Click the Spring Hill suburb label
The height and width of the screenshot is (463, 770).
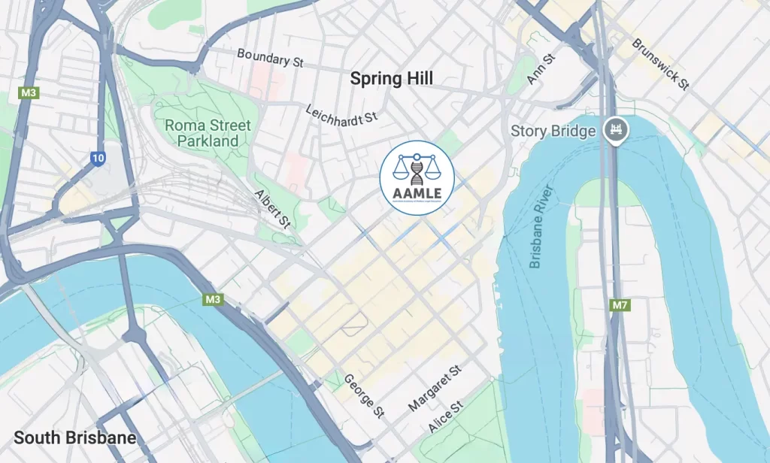click(392, 78)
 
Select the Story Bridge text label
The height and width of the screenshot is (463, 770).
click(553, 131)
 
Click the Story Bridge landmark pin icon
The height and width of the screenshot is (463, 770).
click(615, 130)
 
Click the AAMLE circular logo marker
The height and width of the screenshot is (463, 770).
click(417, 177)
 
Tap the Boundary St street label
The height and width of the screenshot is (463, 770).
click(270, 59)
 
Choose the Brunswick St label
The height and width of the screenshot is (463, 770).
click(661, 65)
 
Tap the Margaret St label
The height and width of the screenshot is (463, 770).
click(435, 389)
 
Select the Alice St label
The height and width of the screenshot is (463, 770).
click(446, 416)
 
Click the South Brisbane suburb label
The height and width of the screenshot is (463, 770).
click(75, 437)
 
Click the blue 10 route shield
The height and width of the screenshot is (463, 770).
click(98, 158)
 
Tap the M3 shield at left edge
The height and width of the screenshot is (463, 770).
click(29, 93)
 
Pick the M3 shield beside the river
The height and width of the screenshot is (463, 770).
click(214, 300)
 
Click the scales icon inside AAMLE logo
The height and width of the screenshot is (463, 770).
click(417, 166)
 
